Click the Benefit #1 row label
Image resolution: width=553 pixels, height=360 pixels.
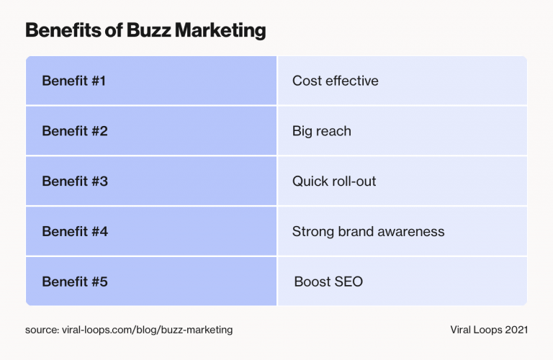(74, 81)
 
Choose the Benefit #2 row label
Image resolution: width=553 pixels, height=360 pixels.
(75, 131)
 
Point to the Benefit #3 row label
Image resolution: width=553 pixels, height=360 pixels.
(75, 181)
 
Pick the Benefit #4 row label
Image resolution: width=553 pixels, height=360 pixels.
(75, 232)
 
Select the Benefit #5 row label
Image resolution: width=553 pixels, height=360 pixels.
(75, 282)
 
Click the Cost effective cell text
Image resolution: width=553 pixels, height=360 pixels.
(335, 81)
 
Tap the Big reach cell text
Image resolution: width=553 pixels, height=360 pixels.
(321, 131)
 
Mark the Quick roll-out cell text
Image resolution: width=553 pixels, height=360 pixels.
(334, 181)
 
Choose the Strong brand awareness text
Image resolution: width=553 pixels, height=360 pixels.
(368, 232)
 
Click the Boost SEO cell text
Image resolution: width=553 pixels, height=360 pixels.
(328, 282)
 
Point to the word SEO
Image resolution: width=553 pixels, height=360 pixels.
(348, 282)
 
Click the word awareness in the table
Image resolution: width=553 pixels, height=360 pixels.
(412, 232)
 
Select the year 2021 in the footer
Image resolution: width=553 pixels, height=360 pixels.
(516, 330)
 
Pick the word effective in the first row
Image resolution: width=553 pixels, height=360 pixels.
(351, 81)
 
